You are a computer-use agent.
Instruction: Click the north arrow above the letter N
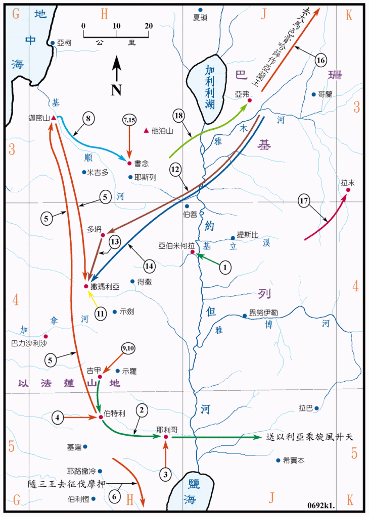[x=116, y=69]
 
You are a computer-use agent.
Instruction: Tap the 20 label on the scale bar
[x=149, y=26]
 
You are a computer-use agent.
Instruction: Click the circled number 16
[x=320, y=60]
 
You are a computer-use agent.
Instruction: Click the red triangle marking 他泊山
[x=147, y=131]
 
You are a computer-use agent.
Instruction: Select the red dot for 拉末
[x=348, y=190]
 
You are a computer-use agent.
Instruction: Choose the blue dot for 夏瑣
[x=200, y=10]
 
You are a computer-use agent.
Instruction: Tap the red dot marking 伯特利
[x=101, y=417]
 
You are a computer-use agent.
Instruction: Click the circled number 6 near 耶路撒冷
[x=115, y=496]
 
